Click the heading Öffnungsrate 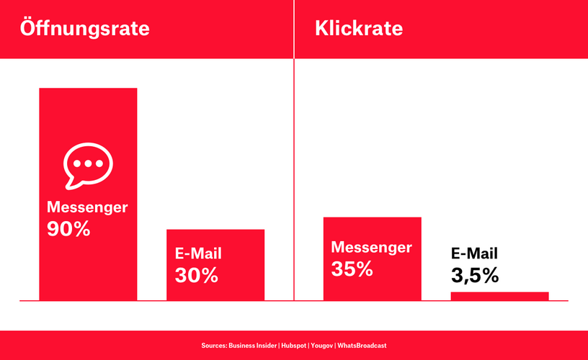point(85,28)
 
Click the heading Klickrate point(359,28)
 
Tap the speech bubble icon point(88,165)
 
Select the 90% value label point(68,228)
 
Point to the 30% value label point(197,275)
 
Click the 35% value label point(352,269)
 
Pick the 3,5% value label point(475,275)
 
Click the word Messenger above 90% point(87,207)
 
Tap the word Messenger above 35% point(371,247)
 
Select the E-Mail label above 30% point(198,253)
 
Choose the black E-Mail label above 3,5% point(474,253)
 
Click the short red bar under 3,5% point(500,296)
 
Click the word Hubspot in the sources point(294,346)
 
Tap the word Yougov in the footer point(322,346)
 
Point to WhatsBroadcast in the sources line point(362,346)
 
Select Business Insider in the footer point(253,346)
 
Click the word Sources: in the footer point(214,346)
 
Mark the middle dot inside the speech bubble point(88,163)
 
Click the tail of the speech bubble point(71,184)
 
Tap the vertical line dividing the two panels point(294,150)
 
